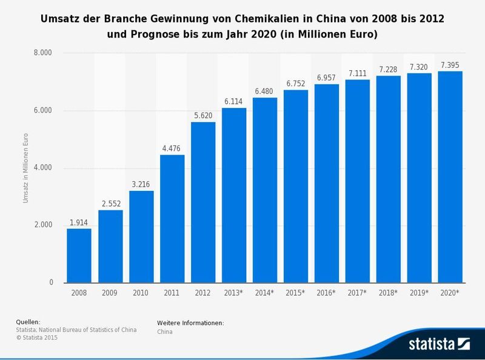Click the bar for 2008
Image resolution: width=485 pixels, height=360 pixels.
pos(79,256)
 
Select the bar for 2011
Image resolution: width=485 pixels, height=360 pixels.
pos(172,219)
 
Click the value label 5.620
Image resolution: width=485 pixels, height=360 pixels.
pos(203,115)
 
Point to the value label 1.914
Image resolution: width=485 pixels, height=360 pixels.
pos(79,222)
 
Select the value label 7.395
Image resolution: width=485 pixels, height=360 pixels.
pos(450,64)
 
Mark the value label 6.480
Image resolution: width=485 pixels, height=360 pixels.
pos(265,91)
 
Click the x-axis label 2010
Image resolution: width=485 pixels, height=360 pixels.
pos(141,293)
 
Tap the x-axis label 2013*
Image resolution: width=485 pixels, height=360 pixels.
pos(234,293)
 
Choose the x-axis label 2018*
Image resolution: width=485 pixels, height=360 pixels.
pos(389,293)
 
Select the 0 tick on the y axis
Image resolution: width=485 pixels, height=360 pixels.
pos(50,282)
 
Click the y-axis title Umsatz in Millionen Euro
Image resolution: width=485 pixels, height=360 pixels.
pos(26,168)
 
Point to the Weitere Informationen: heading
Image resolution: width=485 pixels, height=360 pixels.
pos(190,323)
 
